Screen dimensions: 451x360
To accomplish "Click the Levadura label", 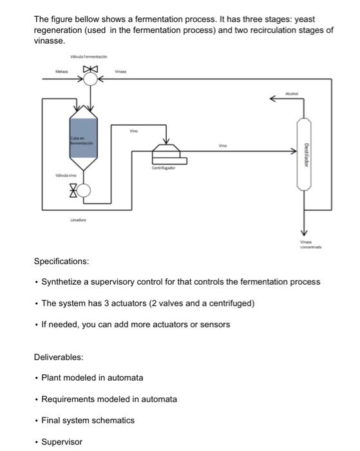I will click(x=79, y=220).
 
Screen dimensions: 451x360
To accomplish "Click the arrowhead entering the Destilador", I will click(x=294, y=152).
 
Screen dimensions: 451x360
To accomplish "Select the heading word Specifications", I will click(x=61, y=262).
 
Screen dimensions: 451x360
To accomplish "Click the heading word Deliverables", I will click(x=59, y=356).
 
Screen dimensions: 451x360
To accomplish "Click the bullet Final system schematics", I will click(x=88, y=420).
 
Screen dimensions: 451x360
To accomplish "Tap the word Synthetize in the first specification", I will click(x=62, y=282).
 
